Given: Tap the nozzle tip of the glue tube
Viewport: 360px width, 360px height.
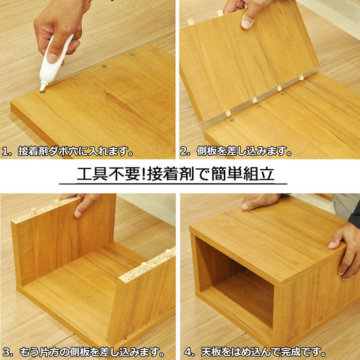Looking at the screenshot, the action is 42,90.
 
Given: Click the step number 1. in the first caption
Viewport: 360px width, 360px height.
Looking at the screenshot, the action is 6,152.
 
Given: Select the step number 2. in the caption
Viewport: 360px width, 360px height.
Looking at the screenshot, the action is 185,152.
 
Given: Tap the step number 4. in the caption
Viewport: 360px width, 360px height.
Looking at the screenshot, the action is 189,352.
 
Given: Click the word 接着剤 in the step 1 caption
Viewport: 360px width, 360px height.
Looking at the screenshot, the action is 33,152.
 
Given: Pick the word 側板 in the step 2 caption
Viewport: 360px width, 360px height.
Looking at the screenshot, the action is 207,152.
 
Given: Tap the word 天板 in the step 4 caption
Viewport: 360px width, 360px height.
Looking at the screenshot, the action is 211,352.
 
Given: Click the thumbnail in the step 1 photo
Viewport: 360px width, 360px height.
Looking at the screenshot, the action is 52,58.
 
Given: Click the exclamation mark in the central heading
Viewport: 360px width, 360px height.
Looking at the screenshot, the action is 143,174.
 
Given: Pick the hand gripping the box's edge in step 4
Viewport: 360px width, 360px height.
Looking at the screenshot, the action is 345,250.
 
